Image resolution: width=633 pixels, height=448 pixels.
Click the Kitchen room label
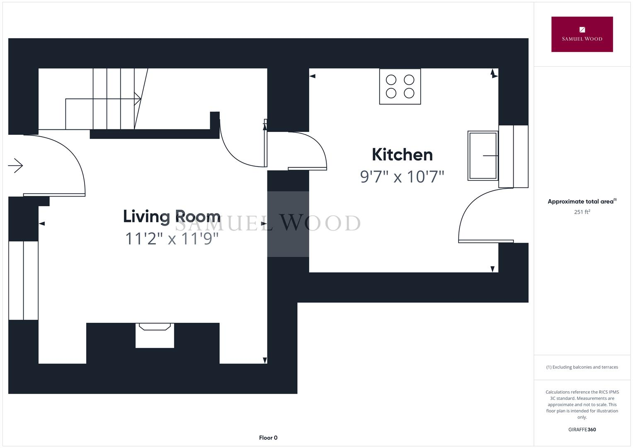(x=402, y=155)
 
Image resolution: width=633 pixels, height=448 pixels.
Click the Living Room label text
(x=172, y=217)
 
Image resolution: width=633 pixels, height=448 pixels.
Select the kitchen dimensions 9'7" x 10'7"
(x=402, y=177)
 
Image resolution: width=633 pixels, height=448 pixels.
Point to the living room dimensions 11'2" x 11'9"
(x=172, y=239)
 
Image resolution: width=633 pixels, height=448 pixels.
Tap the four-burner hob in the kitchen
(x=400, y=86)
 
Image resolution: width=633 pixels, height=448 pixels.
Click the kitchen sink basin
(x=483, y=156)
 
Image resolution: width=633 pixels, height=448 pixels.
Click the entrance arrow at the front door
(x=15, y=166)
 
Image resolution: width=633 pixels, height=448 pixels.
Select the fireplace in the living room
(x=155, y=335)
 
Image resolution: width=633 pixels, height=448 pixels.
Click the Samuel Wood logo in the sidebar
(x=582, y=34)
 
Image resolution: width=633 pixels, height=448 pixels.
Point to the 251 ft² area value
(x=582, y=212)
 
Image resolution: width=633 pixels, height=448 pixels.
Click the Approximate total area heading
(x=582, y=202)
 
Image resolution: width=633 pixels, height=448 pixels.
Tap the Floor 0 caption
(x=268, y=438)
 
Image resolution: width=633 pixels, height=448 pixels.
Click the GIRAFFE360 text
(x=582, y=429)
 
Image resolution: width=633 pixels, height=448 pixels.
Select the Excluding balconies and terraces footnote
(x=582, y=367)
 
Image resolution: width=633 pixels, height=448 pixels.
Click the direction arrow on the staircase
(x=138, y=99)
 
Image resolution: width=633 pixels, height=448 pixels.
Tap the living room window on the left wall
(x=24, y=280)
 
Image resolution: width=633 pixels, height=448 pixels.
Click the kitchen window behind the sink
(x=513, y=156)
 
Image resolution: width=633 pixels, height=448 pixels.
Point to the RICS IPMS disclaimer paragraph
(x=582, y=404)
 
